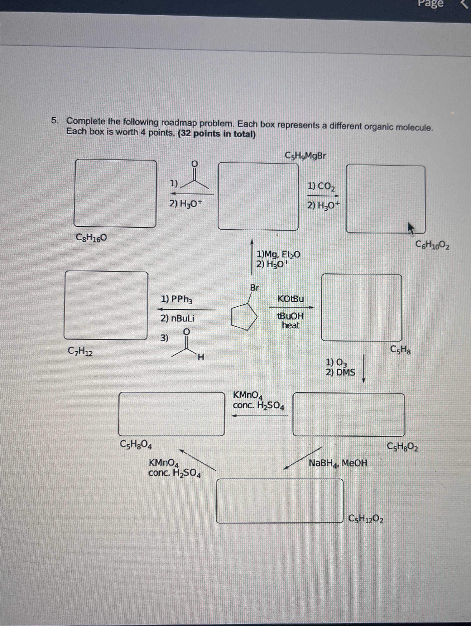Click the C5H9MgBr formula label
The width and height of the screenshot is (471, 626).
(x=305, y=156)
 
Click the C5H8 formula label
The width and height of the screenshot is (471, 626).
(x=400, y=350)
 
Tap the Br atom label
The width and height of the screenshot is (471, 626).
(x=254, y=288)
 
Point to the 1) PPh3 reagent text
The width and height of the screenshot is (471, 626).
(x=177, y=299)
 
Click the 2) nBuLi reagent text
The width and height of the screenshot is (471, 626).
(x=177, y=318)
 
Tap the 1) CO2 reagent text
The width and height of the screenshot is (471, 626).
(x=321, y=186)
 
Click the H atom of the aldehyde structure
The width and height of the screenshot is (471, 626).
(x=201, y=357)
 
